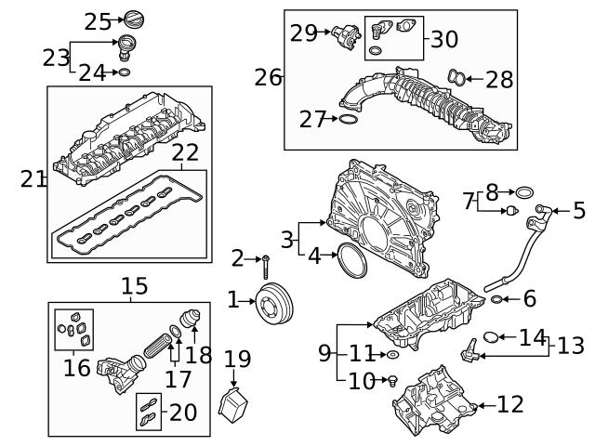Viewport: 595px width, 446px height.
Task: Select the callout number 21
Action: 33,178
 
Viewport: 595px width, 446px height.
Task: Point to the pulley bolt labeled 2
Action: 266,266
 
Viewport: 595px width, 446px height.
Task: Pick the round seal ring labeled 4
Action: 351,261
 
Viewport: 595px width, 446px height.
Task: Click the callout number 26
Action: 269,77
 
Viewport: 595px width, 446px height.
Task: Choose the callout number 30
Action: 444,40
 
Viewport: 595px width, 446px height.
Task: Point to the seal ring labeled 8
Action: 525,193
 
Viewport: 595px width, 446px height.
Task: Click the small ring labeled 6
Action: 497,299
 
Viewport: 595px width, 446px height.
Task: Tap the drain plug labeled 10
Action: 392,379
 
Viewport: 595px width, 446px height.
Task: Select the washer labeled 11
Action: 392,354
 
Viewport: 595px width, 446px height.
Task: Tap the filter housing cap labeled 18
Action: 193,319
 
